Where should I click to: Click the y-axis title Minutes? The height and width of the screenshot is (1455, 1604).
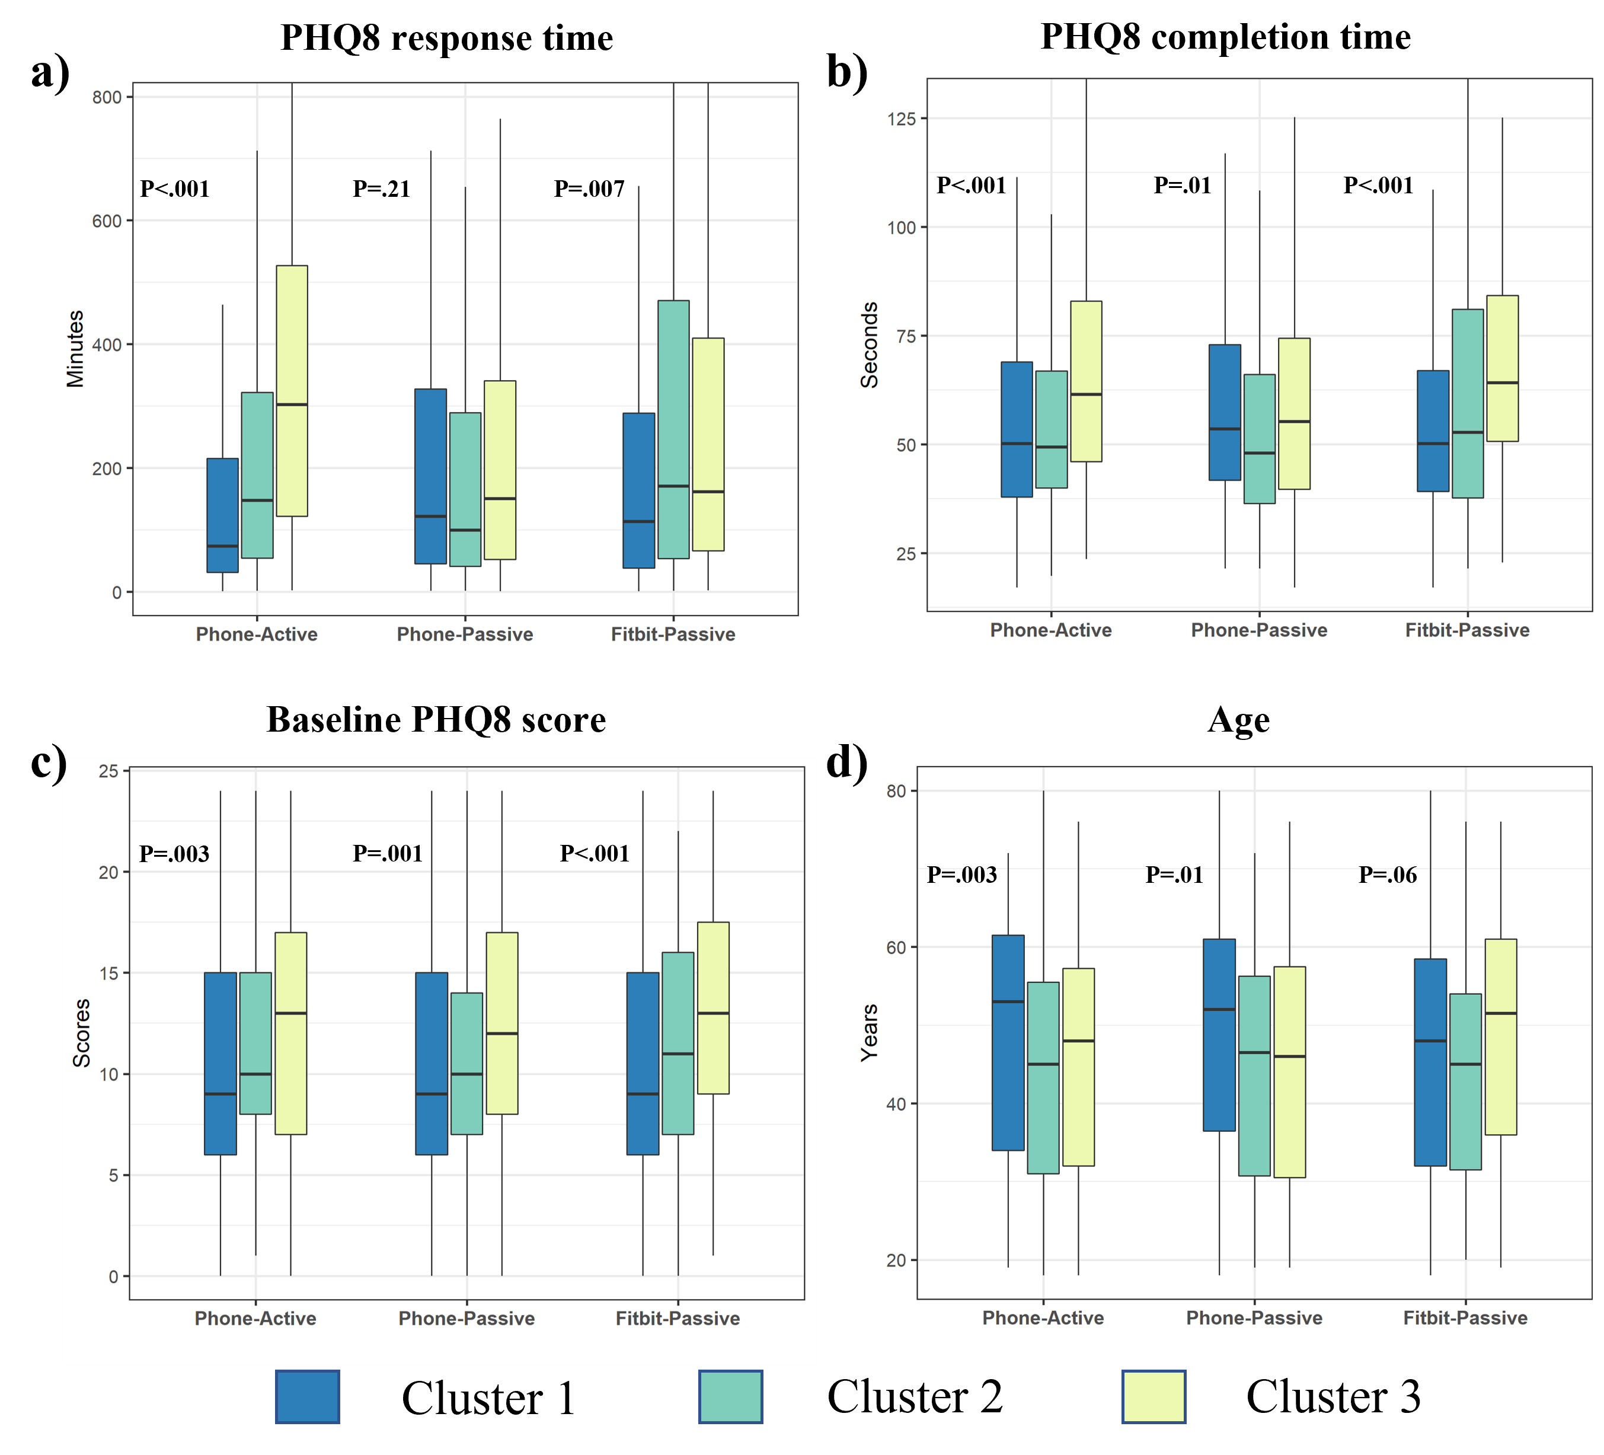[76, 349]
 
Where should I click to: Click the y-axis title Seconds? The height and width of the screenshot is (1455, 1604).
[870, 344]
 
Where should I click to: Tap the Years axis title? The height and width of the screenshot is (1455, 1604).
[870, 1032]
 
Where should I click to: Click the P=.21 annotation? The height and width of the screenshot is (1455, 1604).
[382, 190]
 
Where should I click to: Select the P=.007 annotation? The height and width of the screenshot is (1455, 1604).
[590, 190]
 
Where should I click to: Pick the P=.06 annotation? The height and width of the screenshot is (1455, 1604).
[1388, 875]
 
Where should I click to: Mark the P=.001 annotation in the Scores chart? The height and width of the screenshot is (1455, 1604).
[388, 854]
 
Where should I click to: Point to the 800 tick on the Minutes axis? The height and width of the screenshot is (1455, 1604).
[107, 97]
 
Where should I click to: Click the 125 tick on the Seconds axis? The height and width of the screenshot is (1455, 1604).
[902, 119]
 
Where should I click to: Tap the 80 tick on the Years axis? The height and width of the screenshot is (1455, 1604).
[897, 791]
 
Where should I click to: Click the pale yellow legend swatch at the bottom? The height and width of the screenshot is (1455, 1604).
[1154, 1396]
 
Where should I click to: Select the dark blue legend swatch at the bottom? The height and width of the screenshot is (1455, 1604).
[308, 1396]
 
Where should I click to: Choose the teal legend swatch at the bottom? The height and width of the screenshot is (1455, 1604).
[730, 1396]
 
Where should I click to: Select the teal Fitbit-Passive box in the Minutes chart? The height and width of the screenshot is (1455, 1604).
[673, 429]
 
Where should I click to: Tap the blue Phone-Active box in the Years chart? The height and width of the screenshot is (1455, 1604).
[1008, 1043]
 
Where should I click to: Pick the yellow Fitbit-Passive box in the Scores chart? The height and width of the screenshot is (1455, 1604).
[713, 1008]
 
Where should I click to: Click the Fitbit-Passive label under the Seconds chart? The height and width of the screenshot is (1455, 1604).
[1467, 630]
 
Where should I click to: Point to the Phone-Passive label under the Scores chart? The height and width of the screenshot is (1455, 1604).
[466, 1318]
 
